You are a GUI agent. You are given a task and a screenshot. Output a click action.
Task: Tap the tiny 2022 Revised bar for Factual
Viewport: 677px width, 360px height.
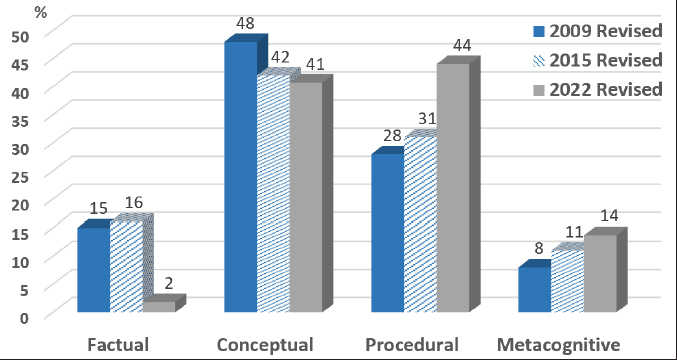tap(159, 307)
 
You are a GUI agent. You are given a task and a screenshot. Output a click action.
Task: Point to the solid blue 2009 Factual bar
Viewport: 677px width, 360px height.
tap(94, 270)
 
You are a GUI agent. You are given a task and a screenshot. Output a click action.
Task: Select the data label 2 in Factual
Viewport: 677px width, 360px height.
tap(169, 283)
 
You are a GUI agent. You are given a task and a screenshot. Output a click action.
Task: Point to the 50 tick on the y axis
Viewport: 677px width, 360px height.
tap(20, 33)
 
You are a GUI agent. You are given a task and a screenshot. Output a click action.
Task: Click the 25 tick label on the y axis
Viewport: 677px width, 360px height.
tap(20, 174)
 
